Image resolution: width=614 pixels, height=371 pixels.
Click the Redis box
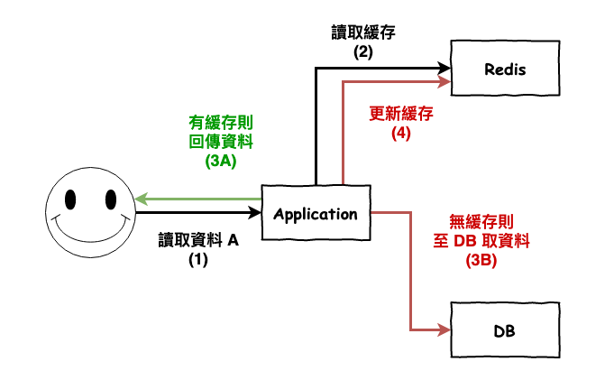(x=505, y=70)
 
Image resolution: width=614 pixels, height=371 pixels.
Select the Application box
(x=315, y=214)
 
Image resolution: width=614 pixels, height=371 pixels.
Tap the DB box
(x=505, y=330)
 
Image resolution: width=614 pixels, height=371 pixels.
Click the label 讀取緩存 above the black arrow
(x=363, y=33)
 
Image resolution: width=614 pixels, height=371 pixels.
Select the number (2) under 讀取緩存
(x=363, y=51)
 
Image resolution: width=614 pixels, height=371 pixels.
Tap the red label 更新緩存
(x=402, y=115)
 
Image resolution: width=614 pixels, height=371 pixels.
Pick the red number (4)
(x=402, y=134)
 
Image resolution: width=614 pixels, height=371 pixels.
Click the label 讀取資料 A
(x=197, y=240)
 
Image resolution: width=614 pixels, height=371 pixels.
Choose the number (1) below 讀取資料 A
(x=197, y=259)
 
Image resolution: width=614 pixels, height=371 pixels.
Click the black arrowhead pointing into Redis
(x=444, y=67)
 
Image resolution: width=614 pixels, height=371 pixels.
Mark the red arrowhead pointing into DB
(x=444, y=329)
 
